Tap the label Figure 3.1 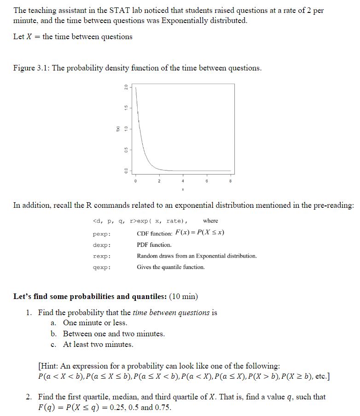pos(31,68)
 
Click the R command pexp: pos(101,234)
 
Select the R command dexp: pos(101,245)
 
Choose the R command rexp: pos(101,256)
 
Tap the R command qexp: pos(101,267)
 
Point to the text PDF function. pos(154,245)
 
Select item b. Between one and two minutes pos(113,334)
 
